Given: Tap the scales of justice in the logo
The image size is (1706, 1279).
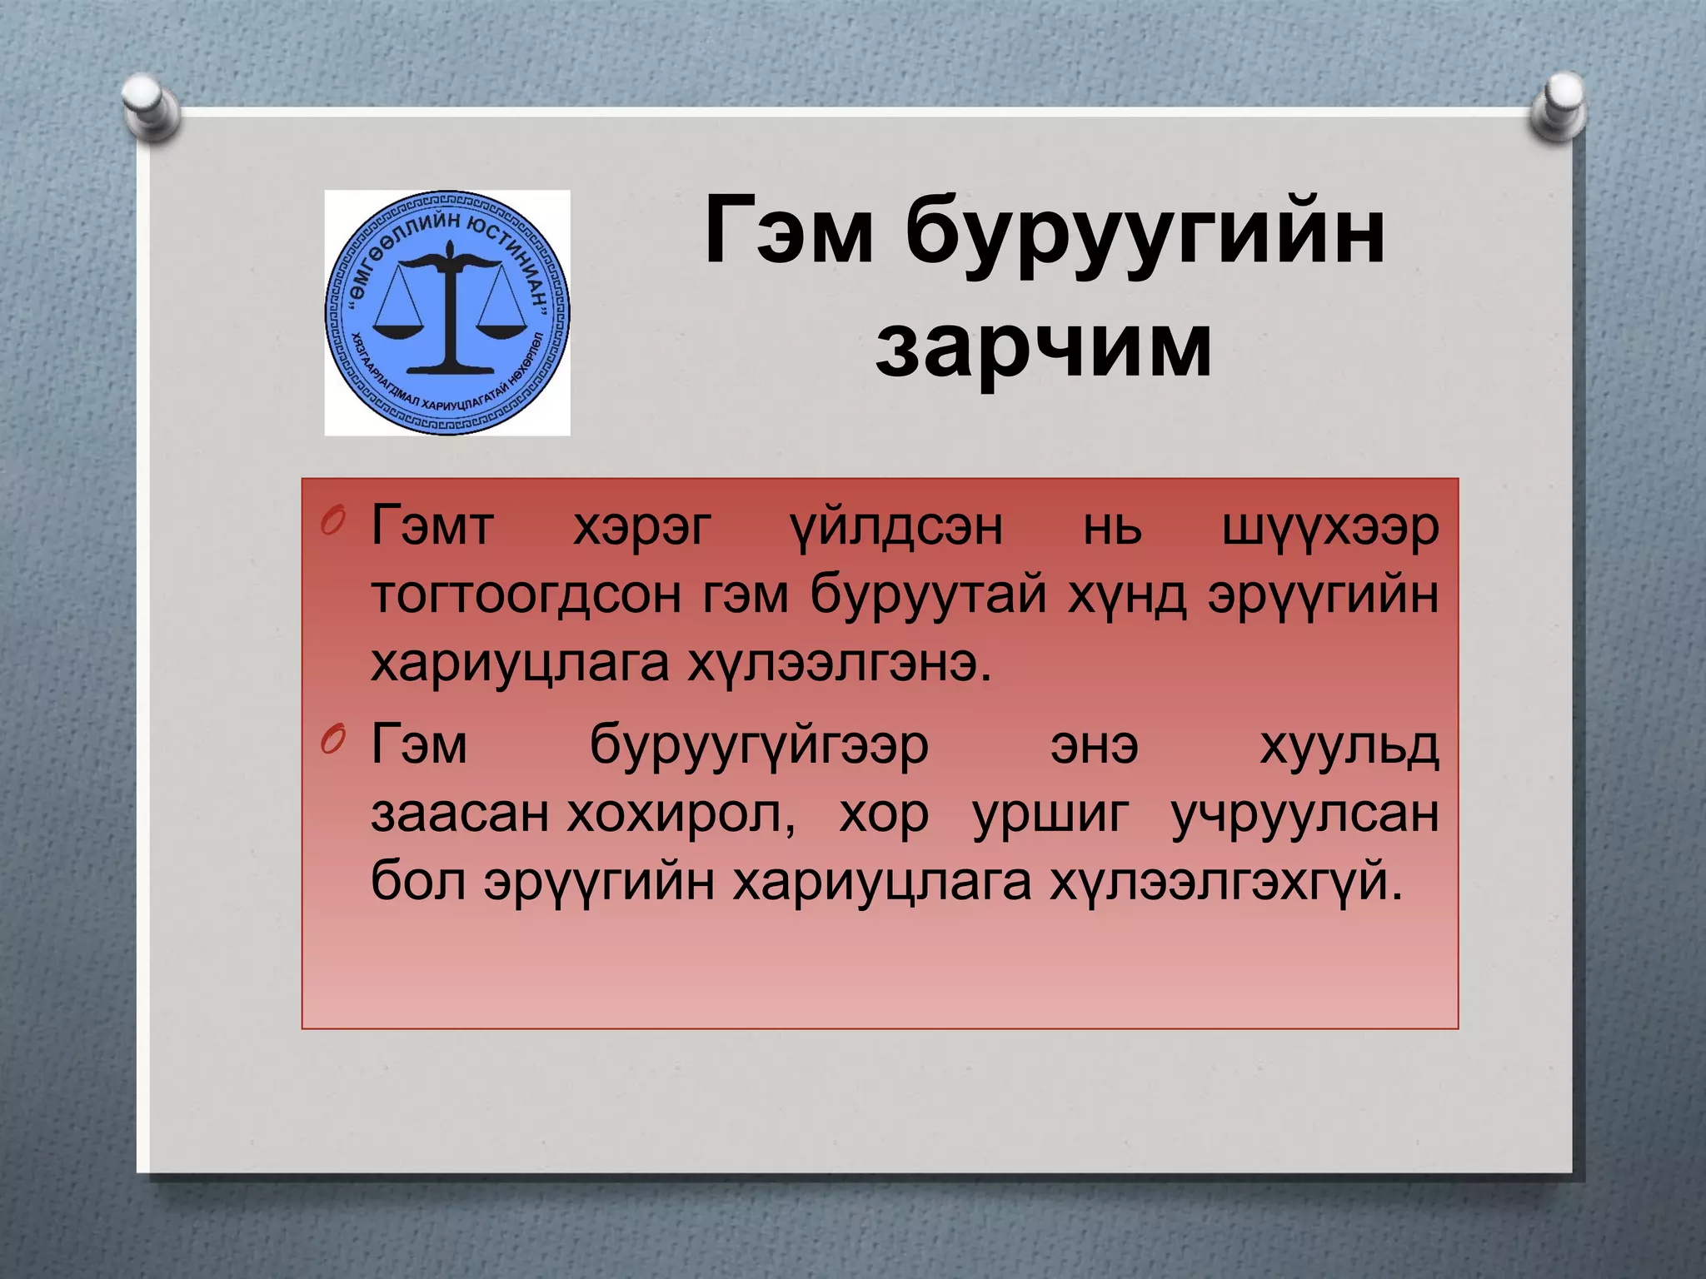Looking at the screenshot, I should tap(450, 308).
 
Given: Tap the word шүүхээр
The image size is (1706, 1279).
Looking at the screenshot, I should tap(1329, 528).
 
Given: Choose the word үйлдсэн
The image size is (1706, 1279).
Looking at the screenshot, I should tap(895, 528).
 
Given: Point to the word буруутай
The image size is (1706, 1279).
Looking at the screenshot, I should tap(929, 596).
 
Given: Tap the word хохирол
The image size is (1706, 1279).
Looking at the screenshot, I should tap(681, 814).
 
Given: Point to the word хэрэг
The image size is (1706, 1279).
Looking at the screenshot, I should tap(642, 528).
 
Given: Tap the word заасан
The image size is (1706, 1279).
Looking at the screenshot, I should tap(459, 814).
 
